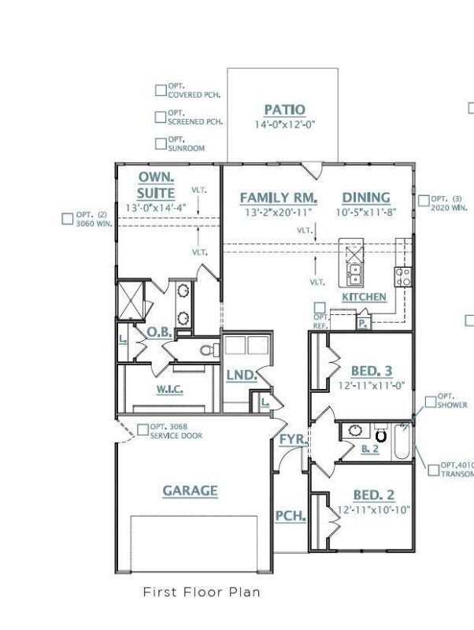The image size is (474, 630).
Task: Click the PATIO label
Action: (x=284, y=110)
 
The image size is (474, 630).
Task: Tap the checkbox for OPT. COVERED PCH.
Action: (x=161, y=91)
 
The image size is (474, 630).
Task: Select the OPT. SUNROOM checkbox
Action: (x=161, y=143)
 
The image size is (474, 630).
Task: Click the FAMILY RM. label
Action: (x=279, y=198)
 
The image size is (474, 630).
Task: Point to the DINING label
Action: (x=366, y=198)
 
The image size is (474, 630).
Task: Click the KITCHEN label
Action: (x=364, y=297)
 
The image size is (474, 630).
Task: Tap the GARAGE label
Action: (x=190, y=491)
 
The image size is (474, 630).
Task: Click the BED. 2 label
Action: (x=372, y=495)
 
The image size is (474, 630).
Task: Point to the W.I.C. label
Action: (x=170, y=389)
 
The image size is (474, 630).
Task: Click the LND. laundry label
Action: (x=242, y=376)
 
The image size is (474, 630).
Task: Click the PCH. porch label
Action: (x=290, y=517)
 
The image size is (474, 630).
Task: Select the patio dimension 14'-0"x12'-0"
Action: (x=284, y=124)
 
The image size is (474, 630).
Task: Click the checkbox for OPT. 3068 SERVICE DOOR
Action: (x=143, y=430)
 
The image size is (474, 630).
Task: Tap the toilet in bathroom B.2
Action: (x=381, y=433)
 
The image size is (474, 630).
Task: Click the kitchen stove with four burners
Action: (x=402, y=276)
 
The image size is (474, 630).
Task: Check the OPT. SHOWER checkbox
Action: (x=430, y=402)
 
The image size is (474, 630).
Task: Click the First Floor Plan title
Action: (x=201, y=591)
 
